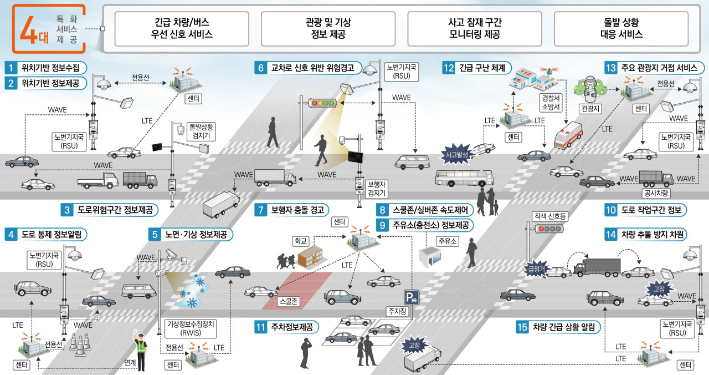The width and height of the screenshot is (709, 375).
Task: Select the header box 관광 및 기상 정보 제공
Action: pos(328,28)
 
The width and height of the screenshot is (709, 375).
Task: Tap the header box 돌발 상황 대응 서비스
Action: pos(621,28)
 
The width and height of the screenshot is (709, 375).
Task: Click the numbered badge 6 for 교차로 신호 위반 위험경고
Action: pos(260,68)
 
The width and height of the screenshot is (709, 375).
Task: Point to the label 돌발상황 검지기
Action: pos(201,131)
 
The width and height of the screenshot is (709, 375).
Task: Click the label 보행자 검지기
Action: pos(376,189)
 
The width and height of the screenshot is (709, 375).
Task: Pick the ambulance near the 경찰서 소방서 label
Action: pos(568,135)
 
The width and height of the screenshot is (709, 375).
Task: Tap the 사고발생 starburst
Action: pos(457,154)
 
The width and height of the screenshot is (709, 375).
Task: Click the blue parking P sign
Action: pos(412,298)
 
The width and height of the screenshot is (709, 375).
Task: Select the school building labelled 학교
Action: pos(310,256)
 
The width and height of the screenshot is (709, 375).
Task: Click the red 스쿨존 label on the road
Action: pos(289,301)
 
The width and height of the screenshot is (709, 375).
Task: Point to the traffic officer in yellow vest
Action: pos(140,351)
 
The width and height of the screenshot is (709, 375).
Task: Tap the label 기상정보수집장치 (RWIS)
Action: pos(191,328)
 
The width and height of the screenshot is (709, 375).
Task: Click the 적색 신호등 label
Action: pos(550,216)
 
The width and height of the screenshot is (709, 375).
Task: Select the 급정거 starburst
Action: pos(536,270)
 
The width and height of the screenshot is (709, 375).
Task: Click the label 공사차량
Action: pos(656,193)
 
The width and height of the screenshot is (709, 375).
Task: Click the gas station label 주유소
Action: pos(447,241)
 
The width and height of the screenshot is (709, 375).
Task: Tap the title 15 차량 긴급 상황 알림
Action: pos(558,327)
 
